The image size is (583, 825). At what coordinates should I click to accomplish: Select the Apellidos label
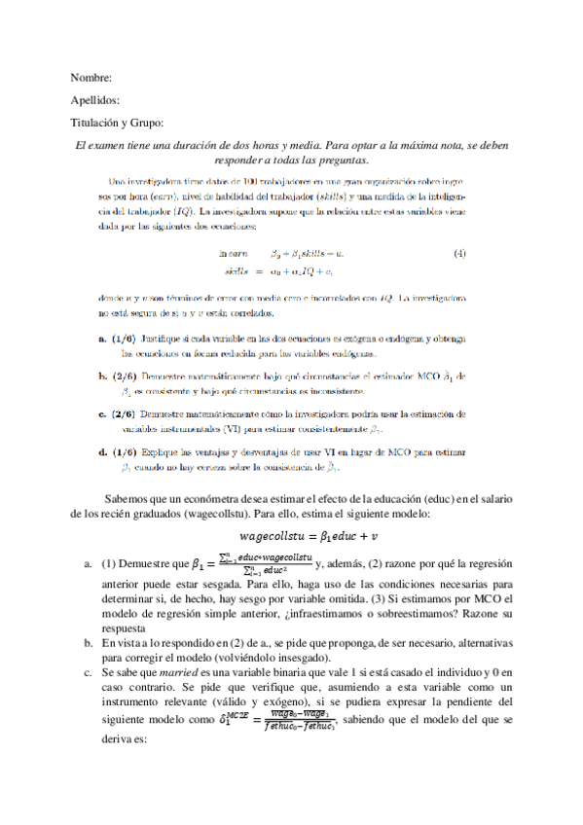click(95, 100)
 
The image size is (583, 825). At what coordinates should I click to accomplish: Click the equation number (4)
click(459, 254)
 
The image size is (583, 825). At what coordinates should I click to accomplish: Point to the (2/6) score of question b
click(125, 375)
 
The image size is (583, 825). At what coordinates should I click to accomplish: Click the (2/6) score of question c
click(124, 413)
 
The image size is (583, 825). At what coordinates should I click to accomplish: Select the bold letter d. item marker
click(102, 452)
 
